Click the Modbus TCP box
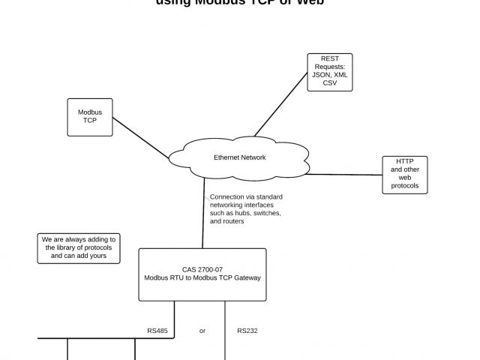pos(90,117)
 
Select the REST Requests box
pos(330,72)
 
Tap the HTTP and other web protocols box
pos(405,175)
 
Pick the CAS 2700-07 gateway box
pos(202,274)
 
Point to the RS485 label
pos(157,331)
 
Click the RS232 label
pos(247,331)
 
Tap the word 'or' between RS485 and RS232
pos(202,331)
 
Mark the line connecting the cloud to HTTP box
pos(345,174)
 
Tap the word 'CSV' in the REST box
pos(330,83)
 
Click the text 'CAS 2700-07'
pos(202,269)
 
